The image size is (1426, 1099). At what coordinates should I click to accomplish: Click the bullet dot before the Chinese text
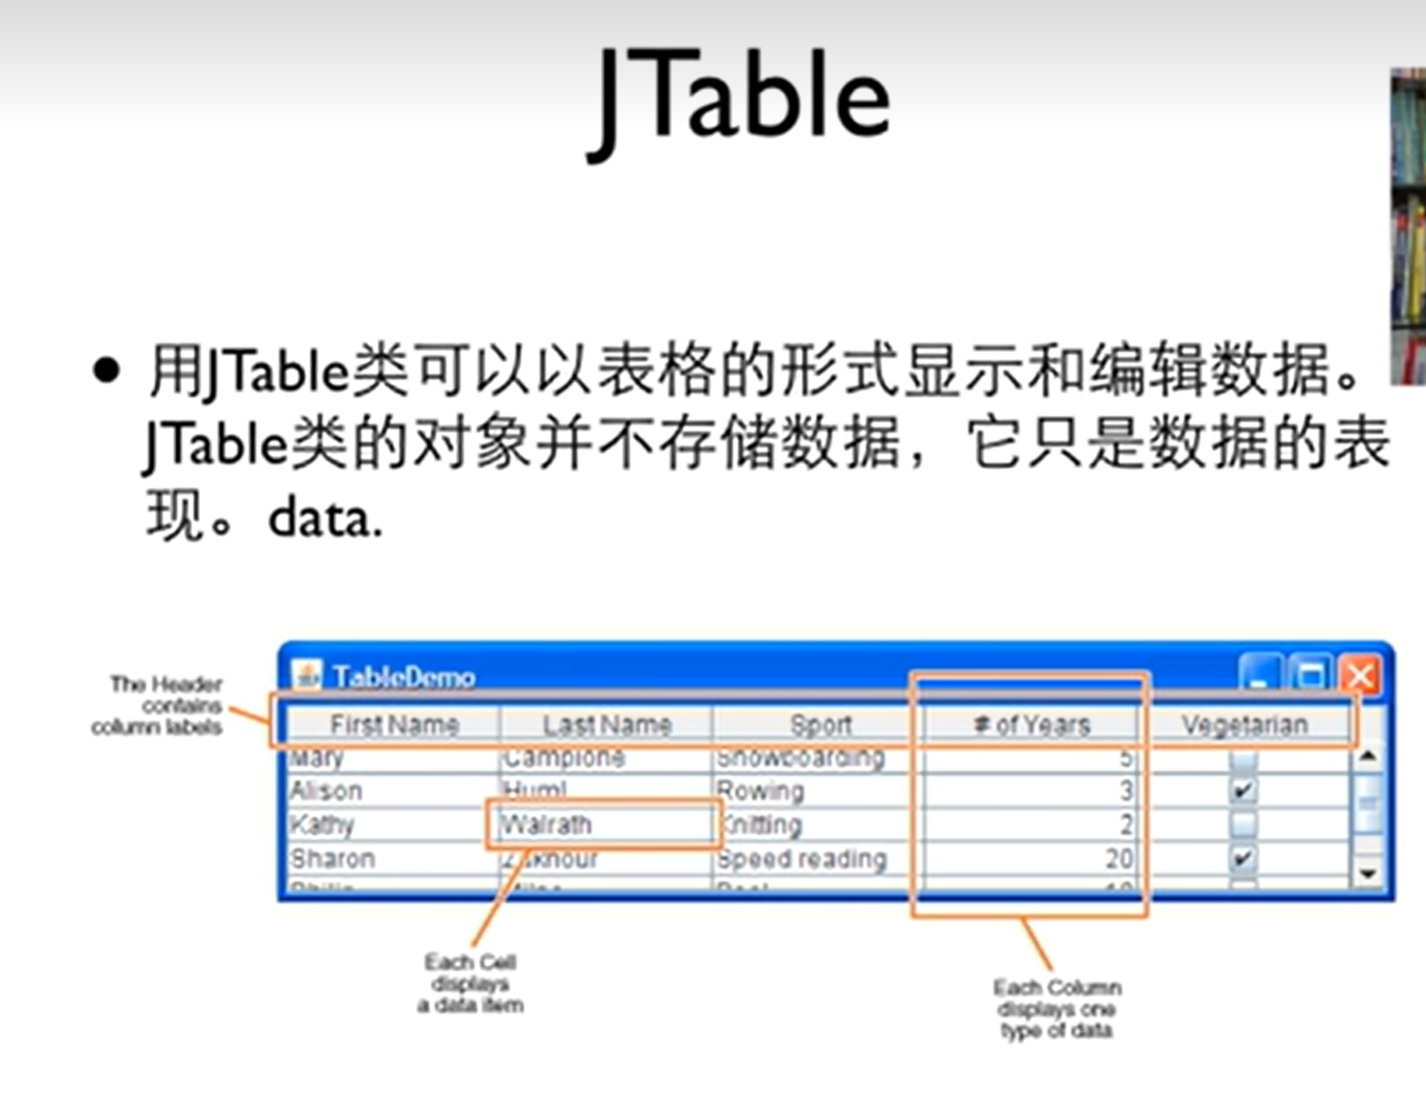[x=105, y=371]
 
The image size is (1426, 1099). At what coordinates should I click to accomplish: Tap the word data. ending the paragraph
[x=324, y=519]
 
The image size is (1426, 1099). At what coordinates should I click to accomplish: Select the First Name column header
[x=393, y=725]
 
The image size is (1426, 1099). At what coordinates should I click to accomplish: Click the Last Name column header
[x=606, y=725]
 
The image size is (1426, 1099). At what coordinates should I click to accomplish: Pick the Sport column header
[x=820, y=725]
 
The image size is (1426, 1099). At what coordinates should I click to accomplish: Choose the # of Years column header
[x=1031, y=725]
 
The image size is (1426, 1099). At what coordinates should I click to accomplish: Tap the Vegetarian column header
[x=1244, y=725]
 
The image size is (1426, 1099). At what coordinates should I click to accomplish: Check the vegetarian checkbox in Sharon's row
[x=1243, y=859]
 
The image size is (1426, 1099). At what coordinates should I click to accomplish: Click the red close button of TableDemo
[x=1360, y=676]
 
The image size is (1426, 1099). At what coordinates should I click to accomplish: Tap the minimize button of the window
[x=1259, y=676]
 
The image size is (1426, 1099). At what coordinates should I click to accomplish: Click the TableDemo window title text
[x=404, y=677]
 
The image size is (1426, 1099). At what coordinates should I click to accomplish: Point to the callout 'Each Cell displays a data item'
[x=470, y=983]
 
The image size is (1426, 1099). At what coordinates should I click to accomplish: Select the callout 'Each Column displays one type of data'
[x=1056, y=1009]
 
